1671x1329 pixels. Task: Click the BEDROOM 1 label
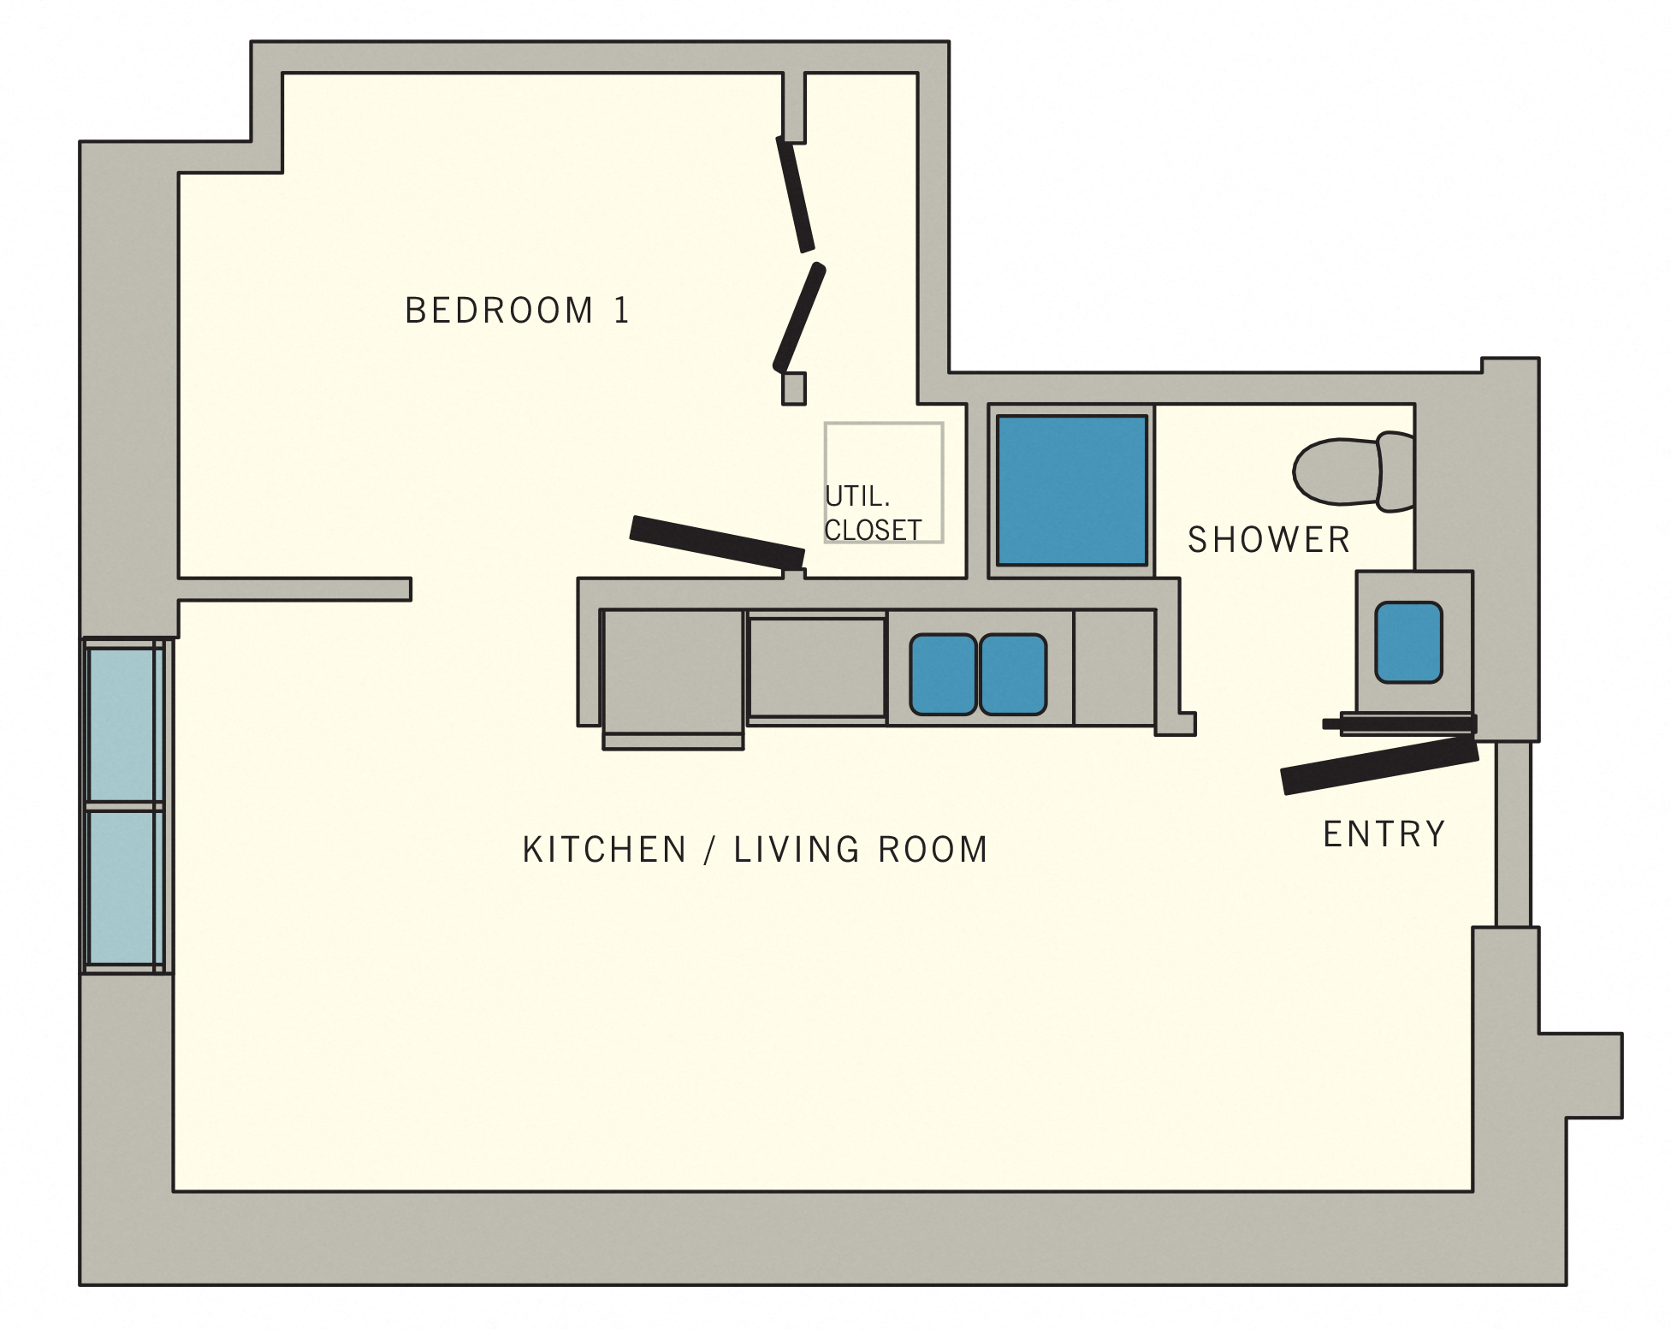[517, 311]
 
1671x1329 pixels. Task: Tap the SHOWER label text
[1269, 540]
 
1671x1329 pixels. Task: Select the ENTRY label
[1384, 834]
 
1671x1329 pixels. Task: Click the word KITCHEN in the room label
[604, 850]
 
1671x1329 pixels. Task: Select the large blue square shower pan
[1071, 490]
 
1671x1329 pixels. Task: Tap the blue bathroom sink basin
[1408, 643]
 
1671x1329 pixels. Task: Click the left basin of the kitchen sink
[943, 674]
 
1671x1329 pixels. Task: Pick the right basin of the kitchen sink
[1013, 674]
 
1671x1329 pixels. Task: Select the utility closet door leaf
[717, 542]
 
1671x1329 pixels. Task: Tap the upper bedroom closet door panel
[795, 195]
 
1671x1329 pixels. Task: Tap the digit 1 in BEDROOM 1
[622, 311]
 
